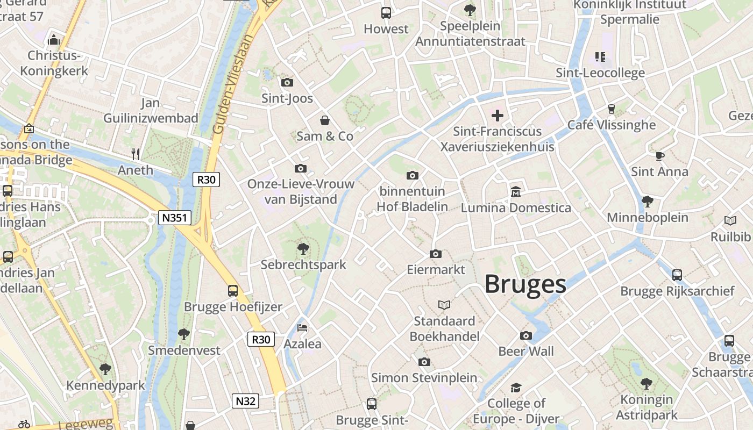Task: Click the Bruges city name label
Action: point(525,284)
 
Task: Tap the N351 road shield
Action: point(175,218)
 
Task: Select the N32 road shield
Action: point(245,400)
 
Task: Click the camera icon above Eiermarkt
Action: point(436,254)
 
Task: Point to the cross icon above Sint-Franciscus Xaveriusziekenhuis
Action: point(498,115)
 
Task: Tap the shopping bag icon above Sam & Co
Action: point(325,120)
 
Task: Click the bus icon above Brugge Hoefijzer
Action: point(233,291)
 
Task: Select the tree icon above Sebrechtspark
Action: point(303,249)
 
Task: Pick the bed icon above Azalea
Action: point(302,327)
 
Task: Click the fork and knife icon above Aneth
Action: point(136,154)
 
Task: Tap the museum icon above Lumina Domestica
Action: point(516,191)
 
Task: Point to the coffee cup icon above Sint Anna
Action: point(659,156)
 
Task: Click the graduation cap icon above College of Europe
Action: point(516,388)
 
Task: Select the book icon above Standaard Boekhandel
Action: point(444,305)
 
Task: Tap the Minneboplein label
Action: point(648,218)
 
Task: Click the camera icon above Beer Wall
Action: point(526,335)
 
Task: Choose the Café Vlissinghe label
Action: point(612,125)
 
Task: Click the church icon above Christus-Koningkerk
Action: point(53,40)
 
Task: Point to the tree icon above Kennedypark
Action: point(105,369)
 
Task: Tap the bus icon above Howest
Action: point(386,13)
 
